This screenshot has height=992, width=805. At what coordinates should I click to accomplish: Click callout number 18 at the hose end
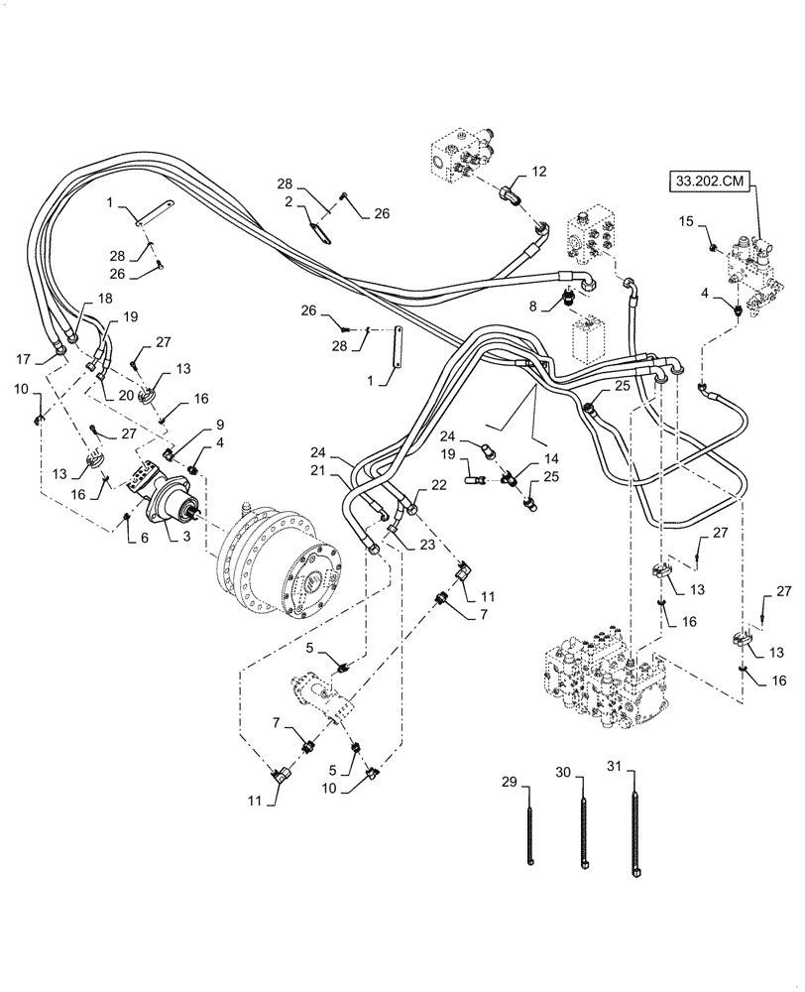[x=105, y=299]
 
